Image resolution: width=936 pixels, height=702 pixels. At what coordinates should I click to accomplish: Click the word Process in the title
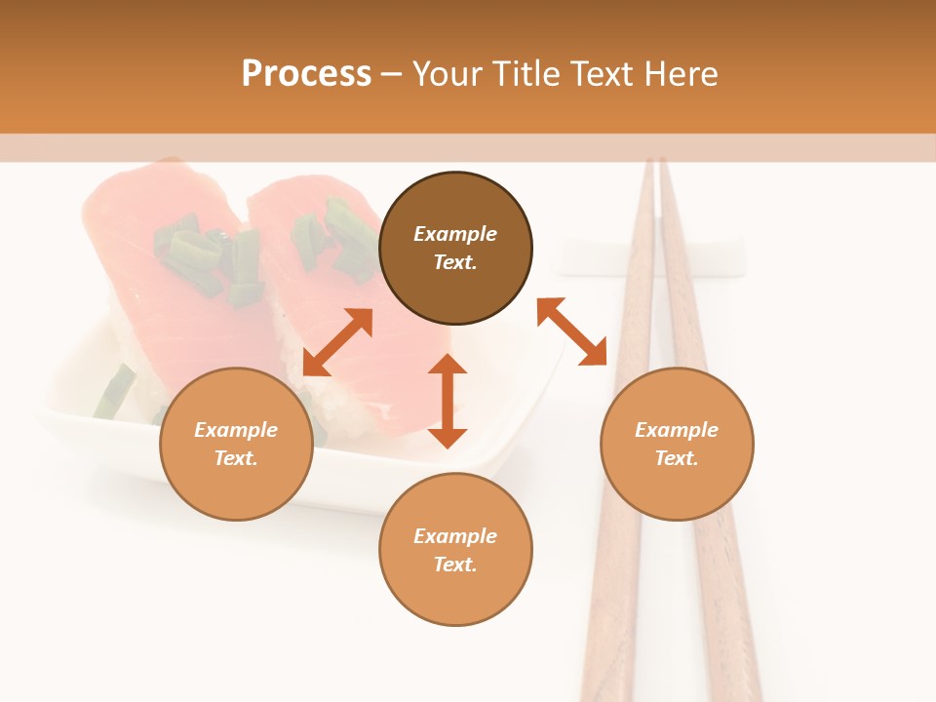tap(306, 73)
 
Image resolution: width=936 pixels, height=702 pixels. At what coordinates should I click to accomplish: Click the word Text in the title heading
tap(603, 74)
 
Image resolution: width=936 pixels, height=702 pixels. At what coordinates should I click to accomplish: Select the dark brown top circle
tap(455, 248)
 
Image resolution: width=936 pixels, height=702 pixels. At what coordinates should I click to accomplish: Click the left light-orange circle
tap(236, 444)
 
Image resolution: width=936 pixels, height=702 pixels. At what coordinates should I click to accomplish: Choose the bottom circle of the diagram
tap(455, 550)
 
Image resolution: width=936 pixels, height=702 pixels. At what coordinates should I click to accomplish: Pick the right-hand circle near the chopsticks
tap(677, 444)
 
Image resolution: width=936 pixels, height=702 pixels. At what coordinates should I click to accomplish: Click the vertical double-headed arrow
tap(448, 401)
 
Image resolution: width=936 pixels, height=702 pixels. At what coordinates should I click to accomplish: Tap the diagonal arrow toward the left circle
tap(337, 342)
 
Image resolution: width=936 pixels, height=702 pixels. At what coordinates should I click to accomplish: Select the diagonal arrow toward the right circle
tap(572, 331)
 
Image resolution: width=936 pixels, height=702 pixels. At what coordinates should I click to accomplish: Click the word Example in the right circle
tap(677, 430)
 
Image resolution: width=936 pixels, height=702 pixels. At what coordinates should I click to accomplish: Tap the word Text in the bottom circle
tap(455, 565)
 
